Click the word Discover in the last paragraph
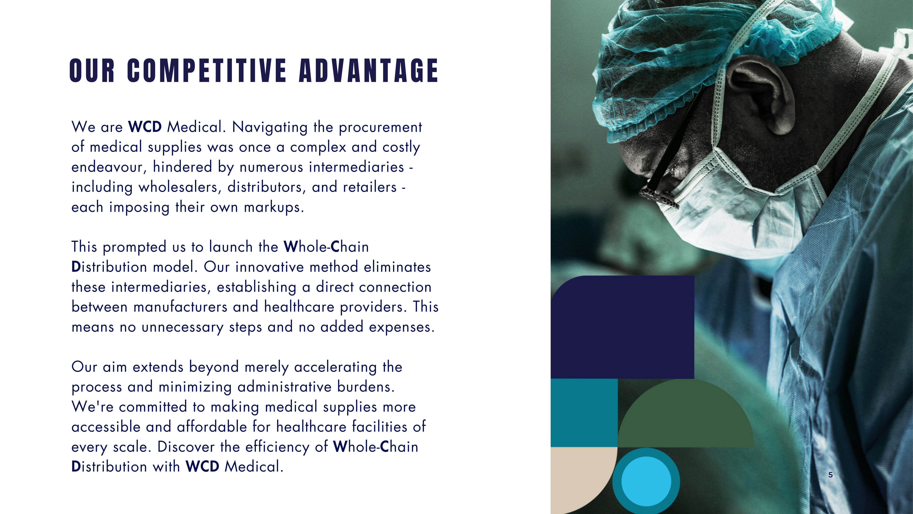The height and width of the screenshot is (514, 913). pyautogui.click(x=186, y=447)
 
